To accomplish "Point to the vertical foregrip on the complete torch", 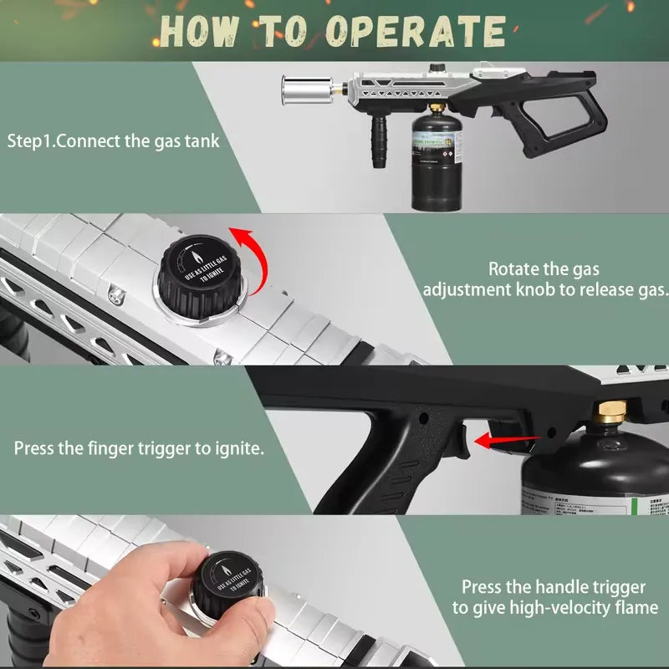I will [x=382, y=140].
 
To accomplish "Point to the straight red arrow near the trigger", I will [x=493, y=439].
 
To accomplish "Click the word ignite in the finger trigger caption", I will [x=237, y=448].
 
